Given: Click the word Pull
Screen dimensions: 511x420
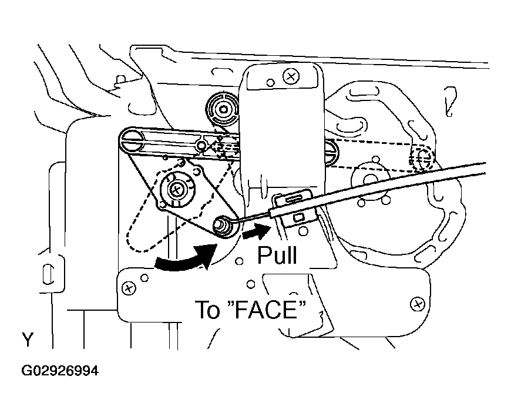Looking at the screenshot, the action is coord(277,255).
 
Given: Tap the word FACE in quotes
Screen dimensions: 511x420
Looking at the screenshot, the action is coord(266,310).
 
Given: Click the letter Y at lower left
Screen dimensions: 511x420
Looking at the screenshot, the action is coord(28,340).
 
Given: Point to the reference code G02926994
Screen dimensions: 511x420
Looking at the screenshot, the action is coord(60,371).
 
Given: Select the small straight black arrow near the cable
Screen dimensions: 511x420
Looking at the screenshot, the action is coord(257,231).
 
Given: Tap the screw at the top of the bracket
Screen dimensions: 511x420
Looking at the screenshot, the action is coord(291,77).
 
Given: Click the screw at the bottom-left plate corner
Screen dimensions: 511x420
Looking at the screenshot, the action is coord(129,288).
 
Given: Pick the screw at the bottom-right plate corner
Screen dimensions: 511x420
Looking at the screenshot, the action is coord(418,304).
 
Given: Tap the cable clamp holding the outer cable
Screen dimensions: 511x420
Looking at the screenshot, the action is coord(294,209).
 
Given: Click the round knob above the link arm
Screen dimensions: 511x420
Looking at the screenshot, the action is coord(223,109).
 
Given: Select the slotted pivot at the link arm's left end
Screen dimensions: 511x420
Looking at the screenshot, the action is coord(132,141).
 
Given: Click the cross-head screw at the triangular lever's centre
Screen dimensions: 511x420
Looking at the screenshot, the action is coord(177,189).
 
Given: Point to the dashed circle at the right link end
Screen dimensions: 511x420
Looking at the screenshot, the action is coord(422,157).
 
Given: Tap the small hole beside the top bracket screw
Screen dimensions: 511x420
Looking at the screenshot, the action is coord(271,83).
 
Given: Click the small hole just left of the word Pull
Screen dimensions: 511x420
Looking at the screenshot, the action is coord(239,261).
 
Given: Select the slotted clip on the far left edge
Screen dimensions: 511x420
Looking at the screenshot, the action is coord(48,274).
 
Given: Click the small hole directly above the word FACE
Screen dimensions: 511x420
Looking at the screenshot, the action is coord(251,284).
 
